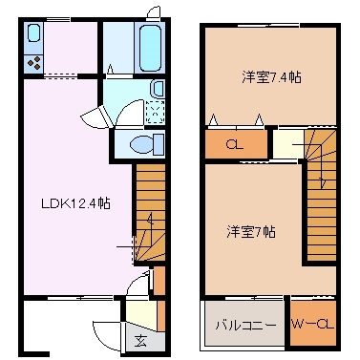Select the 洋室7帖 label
[x=251, y=231]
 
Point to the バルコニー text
[x=244, y=326]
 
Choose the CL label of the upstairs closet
[x=233, y=145]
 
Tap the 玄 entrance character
[x=140, y=341]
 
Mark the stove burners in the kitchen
[x=34, y=64]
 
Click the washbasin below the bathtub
[x=158, y=90]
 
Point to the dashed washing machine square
[x=154, y=113]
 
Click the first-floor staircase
[x=148, y=214]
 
